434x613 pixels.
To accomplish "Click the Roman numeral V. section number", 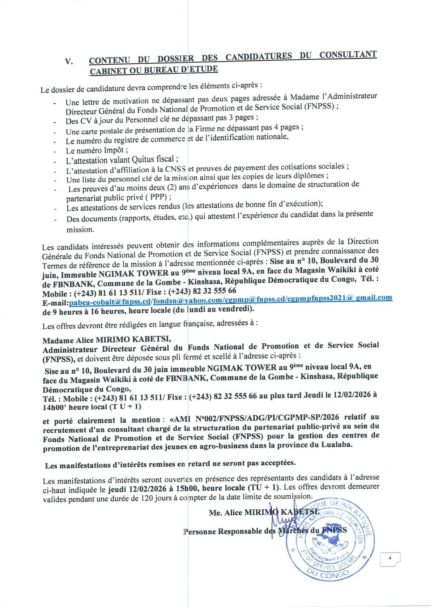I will point(69,61).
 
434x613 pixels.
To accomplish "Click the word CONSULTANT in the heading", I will point(348,55).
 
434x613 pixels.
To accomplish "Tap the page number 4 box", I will point(390,558).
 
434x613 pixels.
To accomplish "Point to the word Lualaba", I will point(336,445).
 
